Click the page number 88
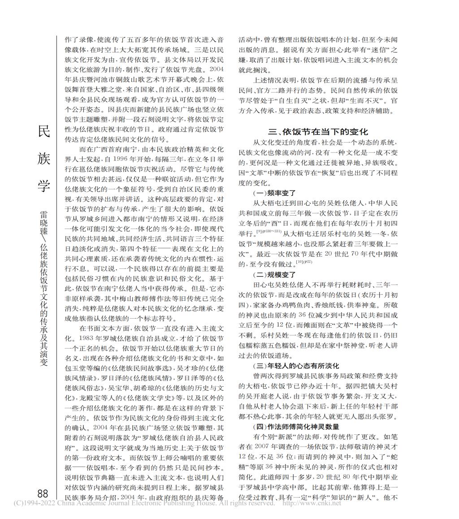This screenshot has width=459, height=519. pyautogui.click(x=43, y=493)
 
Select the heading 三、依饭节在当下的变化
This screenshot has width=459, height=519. pyautogui.click(x=318, y=131)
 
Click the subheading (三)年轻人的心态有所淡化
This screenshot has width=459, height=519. pyautogui.click(x=296, y=366)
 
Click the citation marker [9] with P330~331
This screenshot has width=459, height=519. pyautogui.click(x=269, y=231)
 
